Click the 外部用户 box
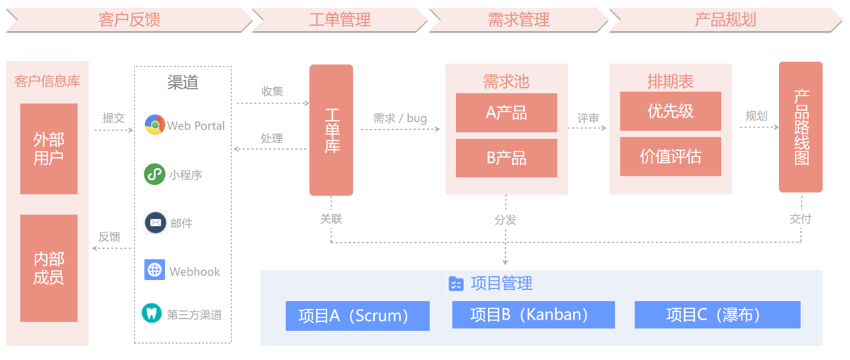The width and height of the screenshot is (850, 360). (x=48, y=149)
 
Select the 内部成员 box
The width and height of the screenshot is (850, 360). (x=48, y=268)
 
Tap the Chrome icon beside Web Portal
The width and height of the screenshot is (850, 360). (x=154, y=125)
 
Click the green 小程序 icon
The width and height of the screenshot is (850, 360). (x=154, y=174)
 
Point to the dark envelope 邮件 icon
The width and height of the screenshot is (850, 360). (x=155, y=223)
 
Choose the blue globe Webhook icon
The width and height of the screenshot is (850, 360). (x=154, y=271)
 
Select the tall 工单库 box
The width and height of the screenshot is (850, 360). (x=331, y=130)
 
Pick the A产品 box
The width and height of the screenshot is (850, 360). (x=506, y=113)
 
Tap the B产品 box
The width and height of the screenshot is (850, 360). (x=506, y=158)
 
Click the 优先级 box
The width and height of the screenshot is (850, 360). (x=670, y=111)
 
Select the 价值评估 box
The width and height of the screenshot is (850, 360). (x=670, y=156)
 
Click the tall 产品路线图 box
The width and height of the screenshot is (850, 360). (x=800, y=128)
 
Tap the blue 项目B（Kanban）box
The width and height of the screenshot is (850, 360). (x=533, y=315)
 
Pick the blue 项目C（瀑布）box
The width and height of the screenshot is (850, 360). (x=717, y=315)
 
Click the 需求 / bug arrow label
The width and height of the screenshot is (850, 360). (x=399, y=118)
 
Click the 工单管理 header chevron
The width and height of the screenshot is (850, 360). (x=339, y=20)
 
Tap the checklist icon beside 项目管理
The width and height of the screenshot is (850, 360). (x=456, y=284)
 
